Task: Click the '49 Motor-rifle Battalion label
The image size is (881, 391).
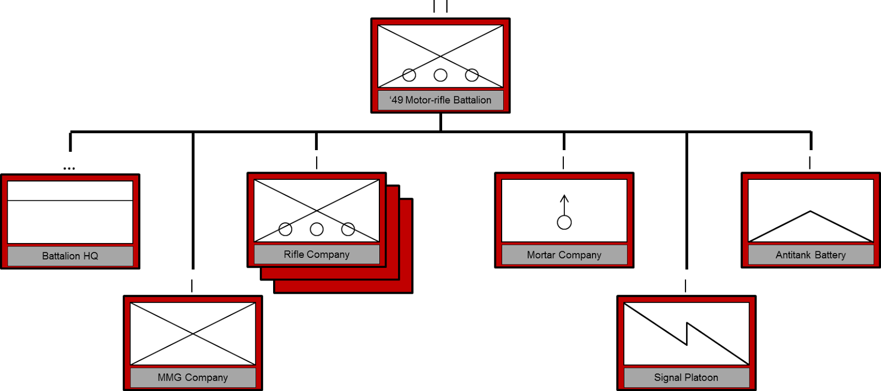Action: point(440,100)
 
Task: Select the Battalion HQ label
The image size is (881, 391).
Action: point(70,256)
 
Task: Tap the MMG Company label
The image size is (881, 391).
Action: point(193,377)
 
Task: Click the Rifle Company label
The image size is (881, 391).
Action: point(317,254)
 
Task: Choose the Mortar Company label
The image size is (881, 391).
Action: point(564,255)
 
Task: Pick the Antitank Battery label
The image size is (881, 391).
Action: point(810,255)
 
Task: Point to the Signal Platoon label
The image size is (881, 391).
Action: point(686,377)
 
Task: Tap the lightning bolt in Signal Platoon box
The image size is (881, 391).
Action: point(686,333)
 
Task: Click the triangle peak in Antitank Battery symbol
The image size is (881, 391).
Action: point(810,211)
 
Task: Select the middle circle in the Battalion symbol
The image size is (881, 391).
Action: point(440,75)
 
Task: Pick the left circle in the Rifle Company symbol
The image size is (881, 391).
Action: point(285,229)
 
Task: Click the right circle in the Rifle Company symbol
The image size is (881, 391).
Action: point(348,229)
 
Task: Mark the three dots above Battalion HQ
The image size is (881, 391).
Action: point(69,169)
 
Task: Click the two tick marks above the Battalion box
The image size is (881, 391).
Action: point(440,6)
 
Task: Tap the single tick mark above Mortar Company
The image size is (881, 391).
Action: point(563,163)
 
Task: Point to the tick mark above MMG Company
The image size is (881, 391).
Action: point(192,285)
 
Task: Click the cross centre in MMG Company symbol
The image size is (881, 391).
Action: point(193,334)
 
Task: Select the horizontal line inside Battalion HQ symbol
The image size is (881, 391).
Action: point(70,201)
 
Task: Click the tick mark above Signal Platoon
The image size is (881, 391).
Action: point(686,285)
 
